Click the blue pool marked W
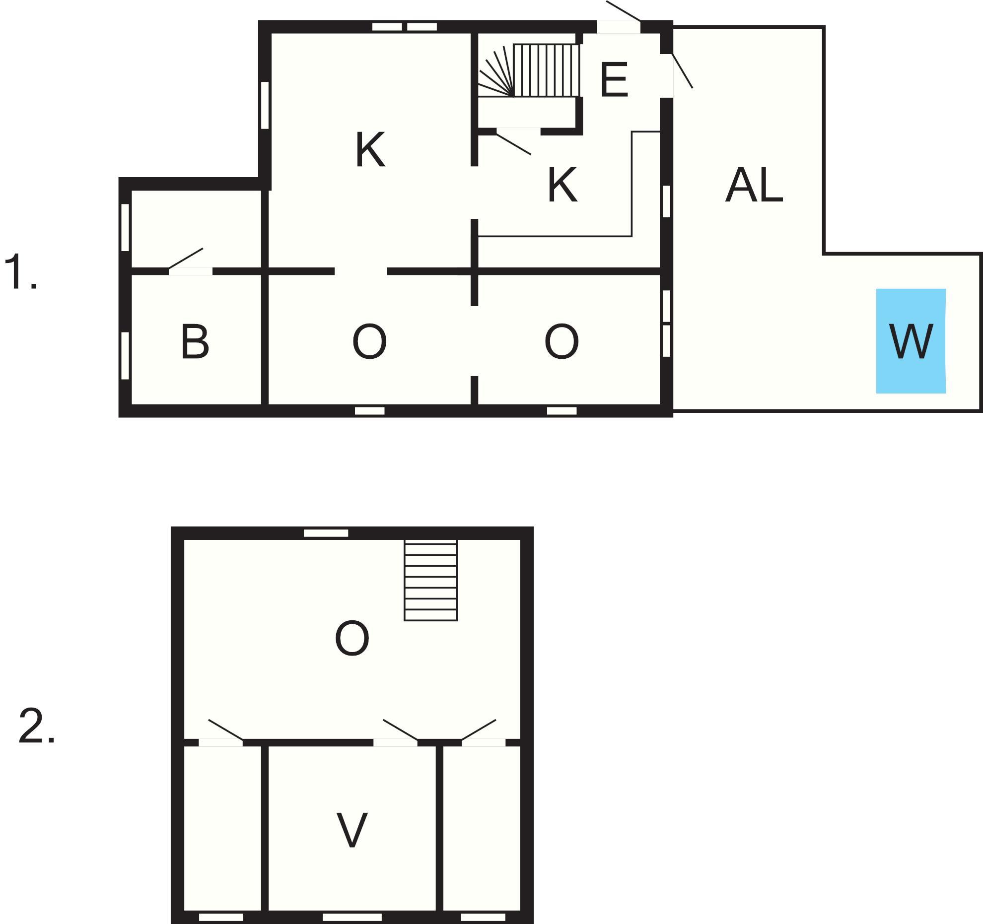tap(911, 341)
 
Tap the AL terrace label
tap(754, 185)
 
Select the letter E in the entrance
tap(614, 80)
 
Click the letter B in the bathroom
tap(195, 341)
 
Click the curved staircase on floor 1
tap(529, 70)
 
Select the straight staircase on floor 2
tap(430, 580)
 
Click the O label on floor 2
tap(352, 639)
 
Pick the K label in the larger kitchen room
tap(370, 149)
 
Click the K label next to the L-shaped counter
tap(562, 184)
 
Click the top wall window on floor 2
tap(326, 533)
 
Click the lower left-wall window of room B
tap(125, 356)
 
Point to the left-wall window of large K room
tap(265, 105)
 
